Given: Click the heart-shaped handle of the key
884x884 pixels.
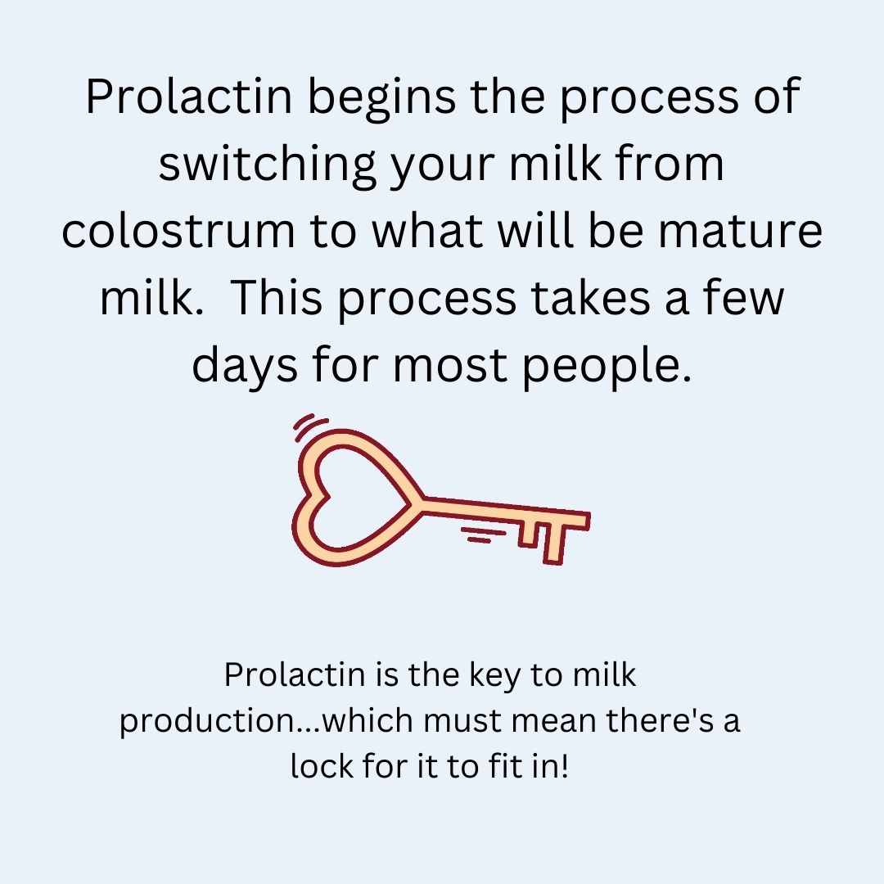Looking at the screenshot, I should pyautogui.click(x=352, y=499).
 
